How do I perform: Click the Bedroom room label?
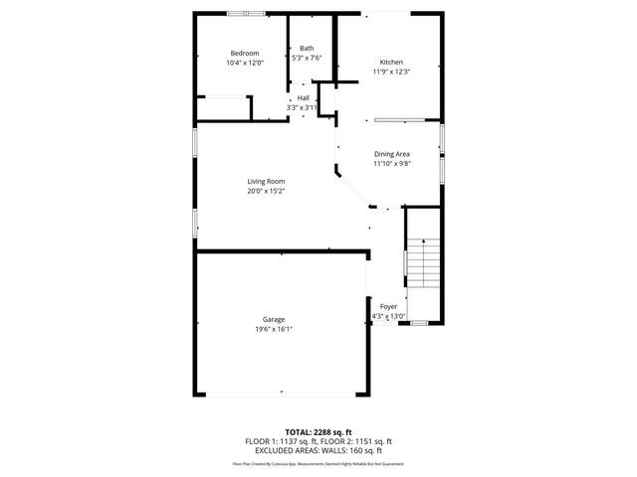point(245,53)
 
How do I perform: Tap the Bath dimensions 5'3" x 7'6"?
point(307,58)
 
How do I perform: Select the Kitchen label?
point(391,62)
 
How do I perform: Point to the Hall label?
point(303,97)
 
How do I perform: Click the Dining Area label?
point(392,154)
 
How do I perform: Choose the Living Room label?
point(267,181)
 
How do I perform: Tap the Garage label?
point(274,319)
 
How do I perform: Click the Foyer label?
point(388,307)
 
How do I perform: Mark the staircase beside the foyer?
point(424,263)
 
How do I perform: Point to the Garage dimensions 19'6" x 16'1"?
point(274,329)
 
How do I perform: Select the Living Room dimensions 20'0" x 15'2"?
point(267,191)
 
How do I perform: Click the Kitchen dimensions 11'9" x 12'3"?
point(391,72)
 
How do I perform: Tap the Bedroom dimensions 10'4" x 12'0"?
point(245,63)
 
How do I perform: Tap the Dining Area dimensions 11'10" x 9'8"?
point(392,164)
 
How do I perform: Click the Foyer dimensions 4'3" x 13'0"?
point(388,317)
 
